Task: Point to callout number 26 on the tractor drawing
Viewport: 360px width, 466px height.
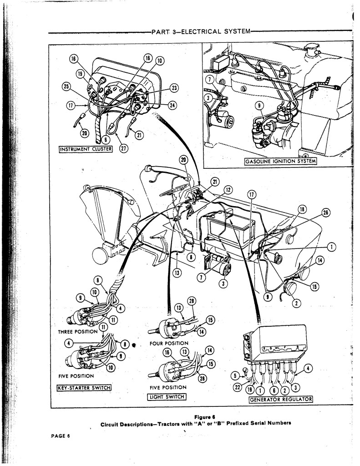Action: coord(325,213)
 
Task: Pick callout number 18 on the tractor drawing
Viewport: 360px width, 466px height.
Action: coord(302,210)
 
